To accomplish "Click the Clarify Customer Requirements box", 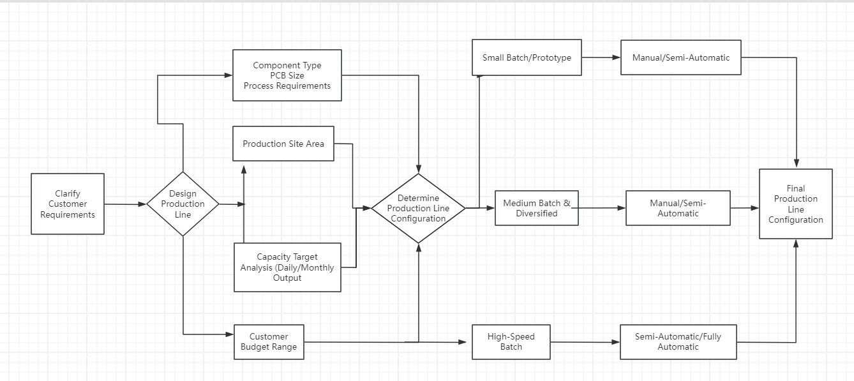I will tap(68, 204).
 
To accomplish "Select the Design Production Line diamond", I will tap(183, 204).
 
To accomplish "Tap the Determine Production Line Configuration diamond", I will tap(418, 208).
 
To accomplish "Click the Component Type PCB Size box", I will tap(287, 75).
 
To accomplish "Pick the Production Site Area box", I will tap(283, 144).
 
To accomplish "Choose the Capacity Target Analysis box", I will tap(287, 267).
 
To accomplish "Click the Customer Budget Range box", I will tap(269, 342).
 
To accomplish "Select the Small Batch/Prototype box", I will tap(527, 57).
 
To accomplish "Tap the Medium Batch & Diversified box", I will tap(537, 208).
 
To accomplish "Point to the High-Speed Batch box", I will tap(511, 342).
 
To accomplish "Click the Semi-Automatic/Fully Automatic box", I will tap(678, 342).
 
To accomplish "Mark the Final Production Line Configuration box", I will tap(795, 204).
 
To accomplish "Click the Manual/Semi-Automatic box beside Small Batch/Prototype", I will tap(680, 57).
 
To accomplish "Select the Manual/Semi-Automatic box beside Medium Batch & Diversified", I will tap(678, 208).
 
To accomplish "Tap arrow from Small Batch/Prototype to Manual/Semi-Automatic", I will tap(601, 57).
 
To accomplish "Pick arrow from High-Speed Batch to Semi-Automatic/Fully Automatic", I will tap(585, 342).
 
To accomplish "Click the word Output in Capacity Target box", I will tap(287, 278).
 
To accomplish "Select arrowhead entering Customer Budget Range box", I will tap(230, 334).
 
